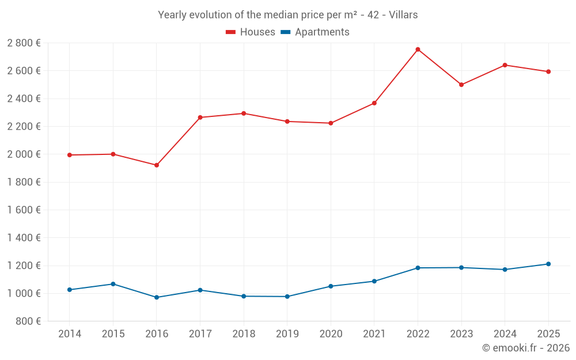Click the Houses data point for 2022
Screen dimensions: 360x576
pos(418,50)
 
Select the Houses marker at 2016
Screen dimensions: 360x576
pos(157,165)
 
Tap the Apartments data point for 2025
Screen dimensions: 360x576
pos(548,264)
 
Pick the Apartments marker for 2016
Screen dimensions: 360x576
pos(157,297)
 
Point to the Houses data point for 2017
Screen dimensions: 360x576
pos(200,118)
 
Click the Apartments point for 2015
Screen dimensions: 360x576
pos(113,284)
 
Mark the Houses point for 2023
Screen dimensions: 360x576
pos(461,85)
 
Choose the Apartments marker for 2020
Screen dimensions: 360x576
pos(331,286)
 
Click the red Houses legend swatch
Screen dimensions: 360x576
pos(231,32)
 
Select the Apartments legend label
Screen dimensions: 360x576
pos(322,32)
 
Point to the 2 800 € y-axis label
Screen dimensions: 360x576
pos(24,43)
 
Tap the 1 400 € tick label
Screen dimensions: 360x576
pos(24,238)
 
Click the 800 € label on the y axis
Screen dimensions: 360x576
pos(27,321)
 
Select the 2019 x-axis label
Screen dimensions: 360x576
pos(287,334)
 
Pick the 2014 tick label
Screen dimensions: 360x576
pos(70,334)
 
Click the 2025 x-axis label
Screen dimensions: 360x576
pos(548,334)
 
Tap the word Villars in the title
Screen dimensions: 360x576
pos(403,15)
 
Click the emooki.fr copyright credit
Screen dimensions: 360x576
pos(525,348)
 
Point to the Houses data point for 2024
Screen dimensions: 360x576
pos(505,65)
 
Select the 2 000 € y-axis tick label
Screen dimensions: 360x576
pos(24,154)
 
